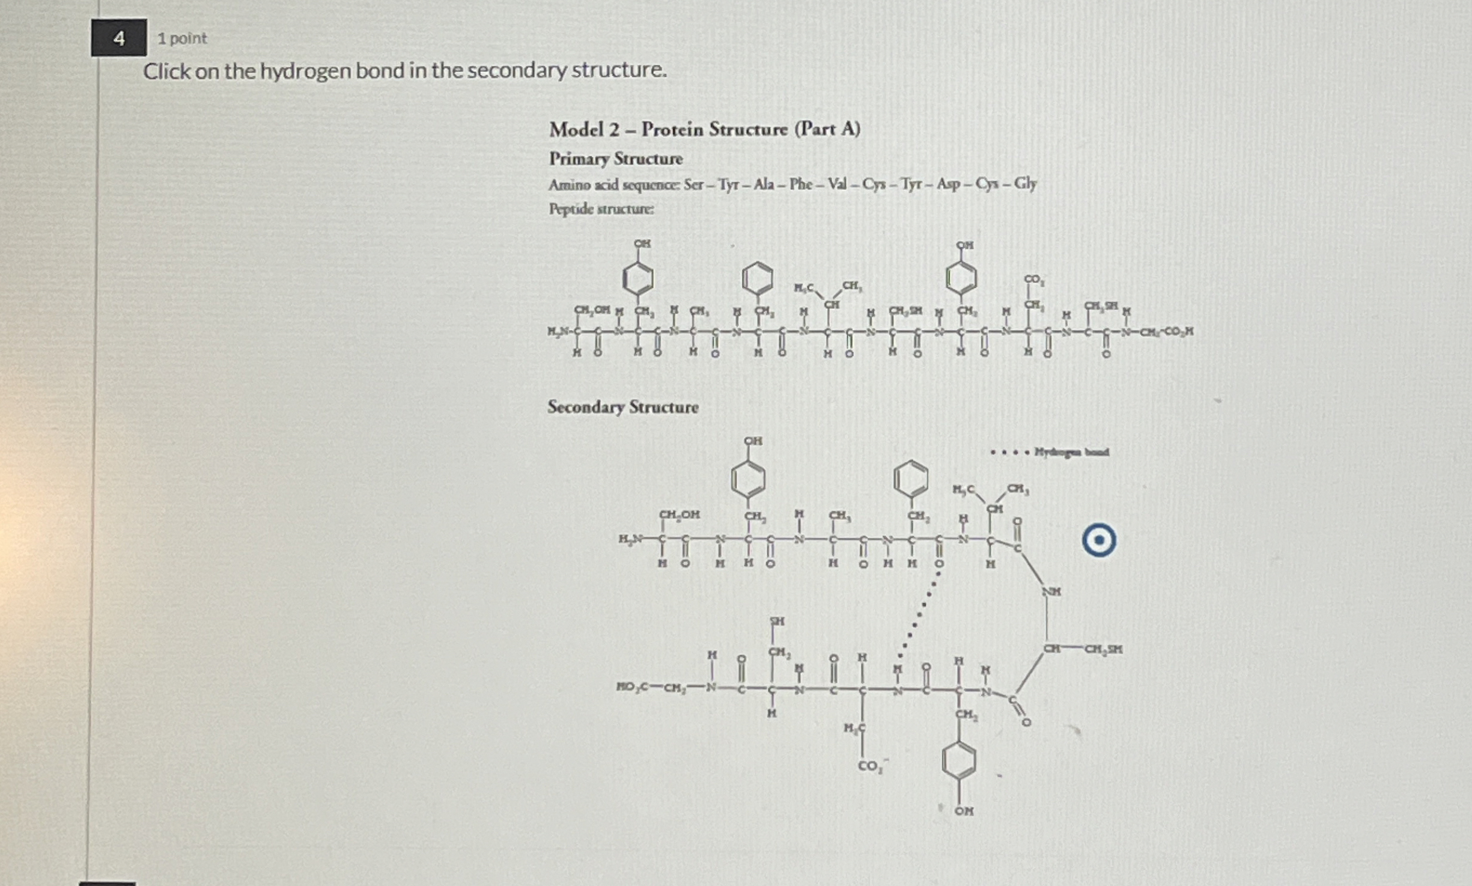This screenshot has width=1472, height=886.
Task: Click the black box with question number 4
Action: [118, 38]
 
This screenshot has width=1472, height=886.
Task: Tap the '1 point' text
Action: [181, 38]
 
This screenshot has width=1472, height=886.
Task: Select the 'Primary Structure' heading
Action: [615, 159]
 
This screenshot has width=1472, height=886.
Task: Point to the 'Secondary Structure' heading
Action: [622, 407]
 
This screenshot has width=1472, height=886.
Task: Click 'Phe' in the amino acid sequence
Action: [801, 184]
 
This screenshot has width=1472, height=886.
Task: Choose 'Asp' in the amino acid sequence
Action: [949, 184]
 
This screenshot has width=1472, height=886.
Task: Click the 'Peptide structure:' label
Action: [601, 209]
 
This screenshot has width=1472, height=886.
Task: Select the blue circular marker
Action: [1099, 540]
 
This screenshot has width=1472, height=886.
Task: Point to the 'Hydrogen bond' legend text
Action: [1071, 452]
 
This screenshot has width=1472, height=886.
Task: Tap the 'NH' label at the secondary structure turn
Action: [1051, 591]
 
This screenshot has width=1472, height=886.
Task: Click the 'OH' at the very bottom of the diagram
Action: [964, 811]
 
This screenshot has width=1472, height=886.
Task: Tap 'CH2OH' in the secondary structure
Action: [680, 515]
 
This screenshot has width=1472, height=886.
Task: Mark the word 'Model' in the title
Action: [576, 129]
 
